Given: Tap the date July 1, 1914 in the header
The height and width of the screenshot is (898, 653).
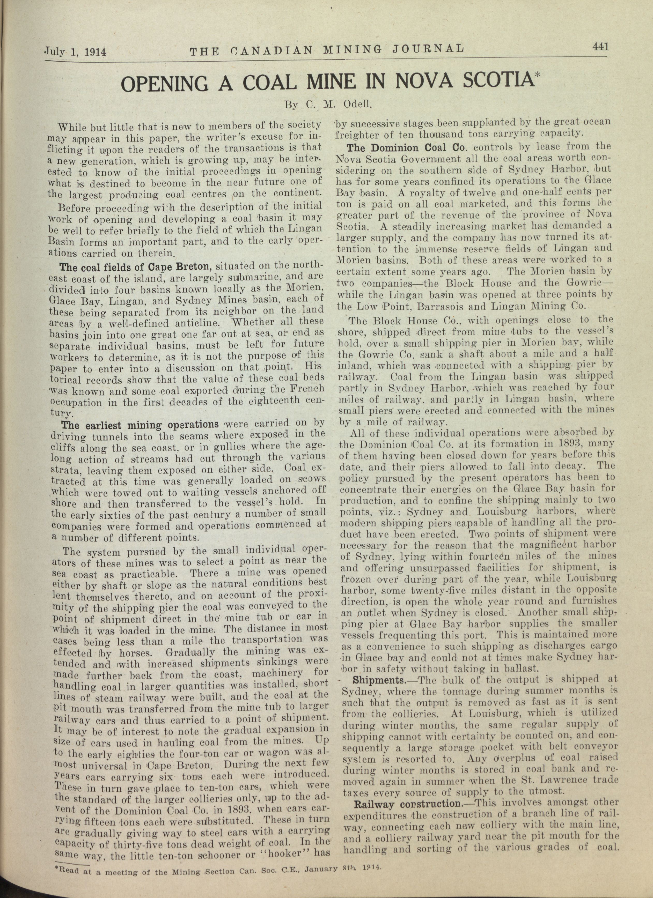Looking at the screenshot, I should (x=75, y=51).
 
